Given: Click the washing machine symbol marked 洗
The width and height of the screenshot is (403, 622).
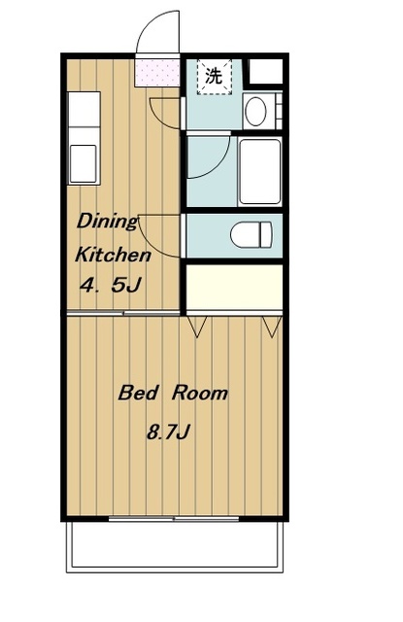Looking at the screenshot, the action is point(214,76).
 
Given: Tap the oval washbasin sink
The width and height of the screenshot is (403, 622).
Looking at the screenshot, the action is point(255,111).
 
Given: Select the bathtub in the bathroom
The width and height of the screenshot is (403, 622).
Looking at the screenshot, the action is point(260,171).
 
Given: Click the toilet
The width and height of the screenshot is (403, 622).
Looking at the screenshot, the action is point(252,234).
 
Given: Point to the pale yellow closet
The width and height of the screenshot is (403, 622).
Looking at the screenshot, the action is point(234,288).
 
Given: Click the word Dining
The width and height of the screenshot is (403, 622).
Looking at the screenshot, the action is point(107,222).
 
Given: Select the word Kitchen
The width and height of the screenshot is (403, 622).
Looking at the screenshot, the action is point(113,255).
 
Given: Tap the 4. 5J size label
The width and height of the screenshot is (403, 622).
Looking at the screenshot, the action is point(110,285).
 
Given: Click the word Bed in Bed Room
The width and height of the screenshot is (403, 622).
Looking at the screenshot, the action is point(138,393).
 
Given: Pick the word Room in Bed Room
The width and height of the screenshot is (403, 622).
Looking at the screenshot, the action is point(200,393).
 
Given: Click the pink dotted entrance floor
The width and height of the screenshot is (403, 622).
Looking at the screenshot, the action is point(157,73).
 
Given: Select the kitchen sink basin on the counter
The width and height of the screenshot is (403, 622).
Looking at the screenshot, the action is point(83,164).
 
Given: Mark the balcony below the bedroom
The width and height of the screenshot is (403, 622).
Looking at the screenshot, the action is point(175,546).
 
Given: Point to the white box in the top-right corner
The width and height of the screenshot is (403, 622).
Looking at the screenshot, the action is point(265,71).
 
